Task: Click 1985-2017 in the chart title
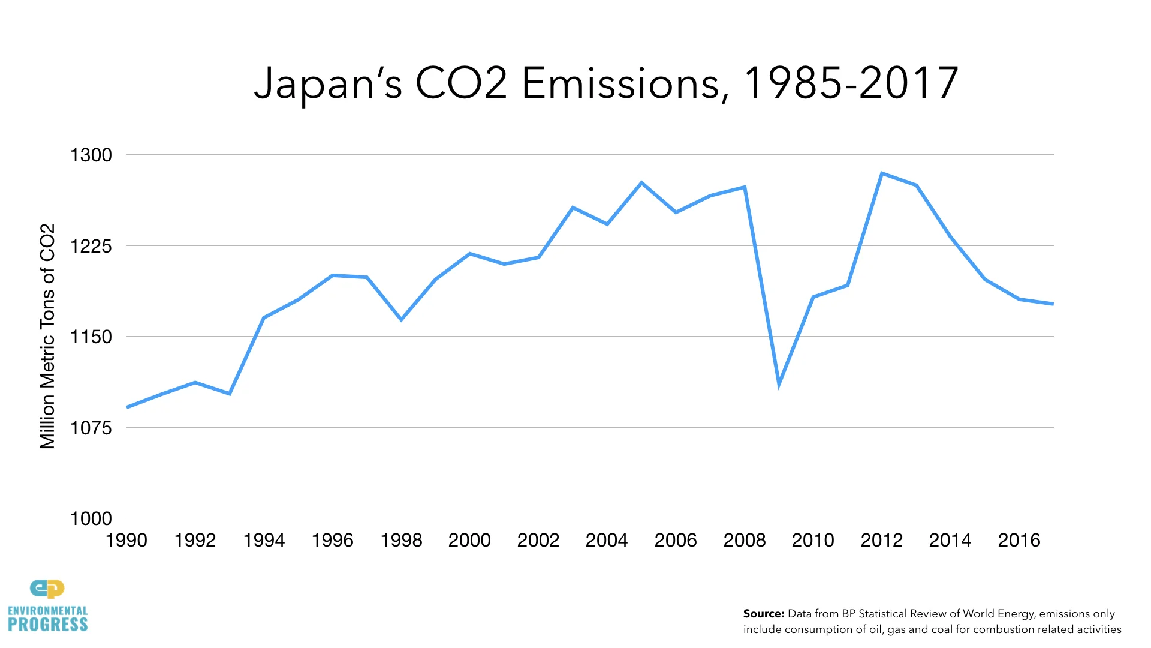[850, 83]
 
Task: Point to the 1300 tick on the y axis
[91, 155]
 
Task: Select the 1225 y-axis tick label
[91, 246]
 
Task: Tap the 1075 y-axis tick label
[91, 428]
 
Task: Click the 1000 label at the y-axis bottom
[91, 518]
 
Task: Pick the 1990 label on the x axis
[126, 540]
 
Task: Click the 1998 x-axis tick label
[401, 540]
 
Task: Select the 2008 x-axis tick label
[745, 540]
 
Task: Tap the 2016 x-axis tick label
[1019, 540]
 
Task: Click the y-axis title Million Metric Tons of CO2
[47, 336]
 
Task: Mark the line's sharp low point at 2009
[779, 383]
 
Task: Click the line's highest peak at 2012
[882, 173]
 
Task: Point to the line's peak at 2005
[641, 182]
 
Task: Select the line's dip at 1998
[401, 320]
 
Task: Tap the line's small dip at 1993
[230, 394]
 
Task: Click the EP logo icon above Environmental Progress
[47, 589]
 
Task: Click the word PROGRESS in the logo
[48, 625]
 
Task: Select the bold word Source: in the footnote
[763, 614]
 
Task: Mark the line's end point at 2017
[1052, 304]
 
